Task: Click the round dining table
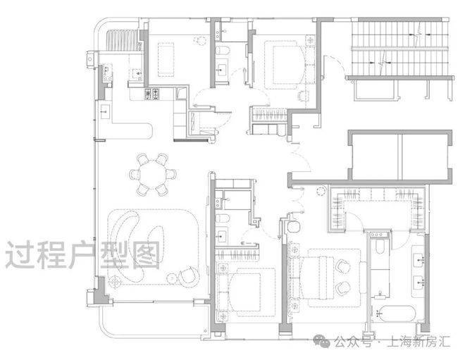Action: (x=153, y=174)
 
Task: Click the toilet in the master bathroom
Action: (x=380, y=247)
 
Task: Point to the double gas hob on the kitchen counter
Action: (x=151, y=94)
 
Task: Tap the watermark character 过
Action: (x=18, y=255)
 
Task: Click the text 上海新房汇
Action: (x=418, y=342)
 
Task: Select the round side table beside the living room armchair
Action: (x=172, y=278)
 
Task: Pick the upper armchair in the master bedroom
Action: (x=343, y=266)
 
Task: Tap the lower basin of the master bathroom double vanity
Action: (x=418, y=284)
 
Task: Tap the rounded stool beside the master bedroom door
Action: (x=294, y=227)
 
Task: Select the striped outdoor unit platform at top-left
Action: (x=123, y=40)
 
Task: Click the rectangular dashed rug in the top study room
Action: (x=166, y=60)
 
